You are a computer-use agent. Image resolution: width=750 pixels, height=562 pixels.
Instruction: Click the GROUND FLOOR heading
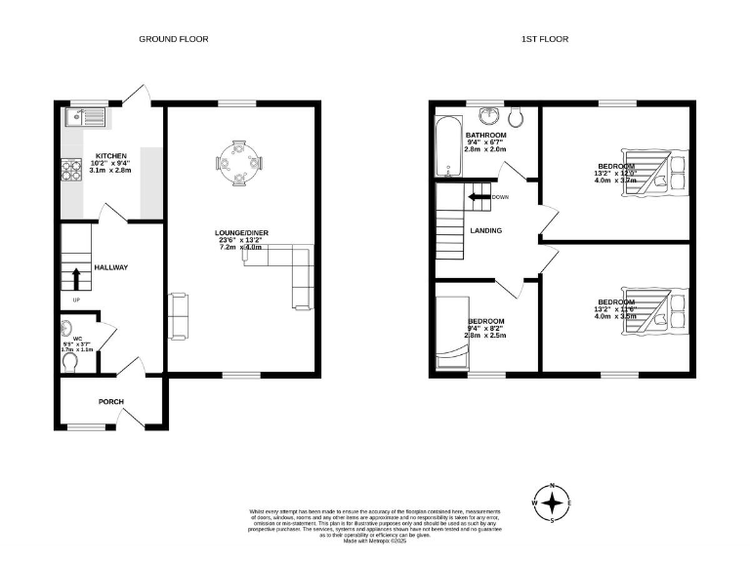(x=173, y=39)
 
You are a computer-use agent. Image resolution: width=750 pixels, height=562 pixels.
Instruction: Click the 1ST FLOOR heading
(x=544, y=39)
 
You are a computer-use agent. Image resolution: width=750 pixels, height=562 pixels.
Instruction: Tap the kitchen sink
(x=82, y=119)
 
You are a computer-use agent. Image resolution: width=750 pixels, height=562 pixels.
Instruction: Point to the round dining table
(x=238, y=165)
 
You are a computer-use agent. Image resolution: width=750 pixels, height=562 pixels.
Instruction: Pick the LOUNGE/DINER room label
(x=241, y=232)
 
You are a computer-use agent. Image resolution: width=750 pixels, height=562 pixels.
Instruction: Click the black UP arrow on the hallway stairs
(x=76, y=277)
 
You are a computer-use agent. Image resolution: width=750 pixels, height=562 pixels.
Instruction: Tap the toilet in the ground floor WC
(x=70, y=361)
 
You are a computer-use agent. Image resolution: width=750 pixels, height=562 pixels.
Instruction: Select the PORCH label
(x=110, y=402)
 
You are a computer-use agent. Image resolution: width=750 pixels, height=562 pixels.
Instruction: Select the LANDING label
(x=485, y=231)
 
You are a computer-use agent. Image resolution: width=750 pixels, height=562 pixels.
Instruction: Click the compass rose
(x=553, y=502)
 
